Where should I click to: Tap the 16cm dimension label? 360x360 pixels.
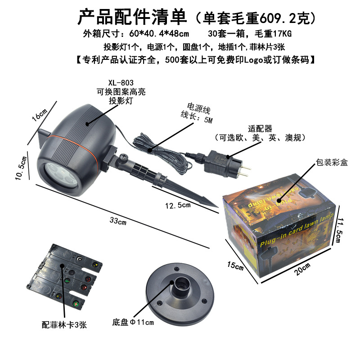click(x=39, y=115)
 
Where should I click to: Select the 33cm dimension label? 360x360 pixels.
click(x=118, y=221)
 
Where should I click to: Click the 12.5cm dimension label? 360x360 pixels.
click(x=177, y=205)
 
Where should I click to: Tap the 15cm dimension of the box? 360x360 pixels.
click(x=234, y=266)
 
